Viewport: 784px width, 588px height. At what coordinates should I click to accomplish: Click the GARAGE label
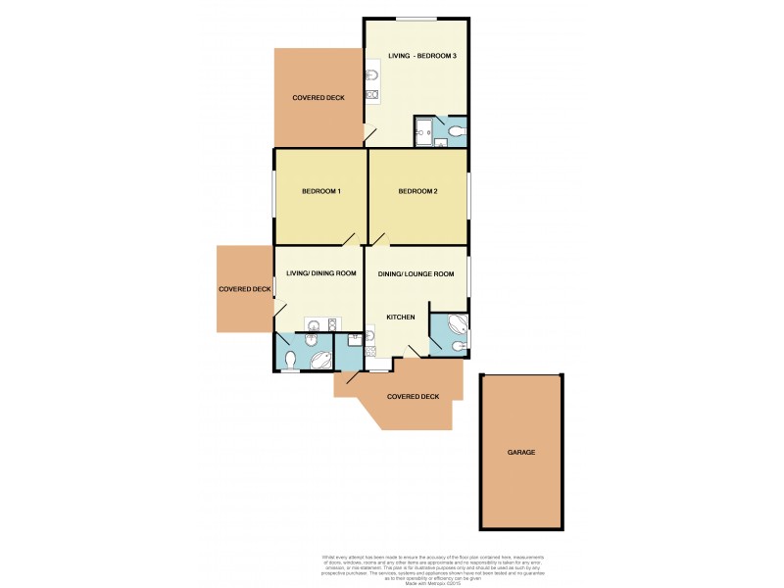coord(521,453)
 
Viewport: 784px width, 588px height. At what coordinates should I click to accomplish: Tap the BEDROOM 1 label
coord(320,191)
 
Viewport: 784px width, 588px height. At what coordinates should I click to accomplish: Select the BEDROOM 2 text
coord(417,191)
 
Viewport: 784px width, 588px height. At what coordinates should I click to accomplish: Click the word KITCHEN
coord(401,318)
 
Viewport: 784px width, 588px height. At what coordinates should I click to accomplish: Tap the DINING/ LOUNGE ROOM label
coord(416,274)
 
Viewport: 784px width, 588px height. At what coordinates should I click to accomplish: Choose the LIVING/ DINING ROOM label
coord(319,273)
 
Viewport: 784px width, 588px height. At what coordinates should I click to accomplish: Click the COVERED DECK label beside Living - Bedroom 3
coord(318,98)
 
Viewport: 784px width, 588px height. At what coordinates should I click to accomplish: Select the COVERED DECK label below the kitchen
coord(413,396)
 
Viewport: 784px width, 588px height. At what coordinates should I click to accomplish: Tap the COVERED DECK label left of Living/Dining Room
coord(245,289)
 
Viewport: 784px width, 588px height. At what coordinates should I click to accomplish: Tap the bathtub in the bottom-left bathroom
coord(320,360)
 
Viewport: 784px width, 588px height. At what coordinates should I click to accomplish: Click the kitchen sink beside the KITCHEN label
coord(369,336)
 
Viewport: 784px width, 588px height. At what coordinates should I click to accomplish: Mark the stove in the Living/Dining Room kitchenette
coord(332,326)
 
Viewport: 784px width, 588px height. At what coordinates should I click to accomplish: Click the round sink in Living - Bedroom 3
coord(372,74)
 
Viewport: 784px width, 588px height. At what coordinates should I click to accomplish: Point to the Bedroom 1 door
coord(349,238)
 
